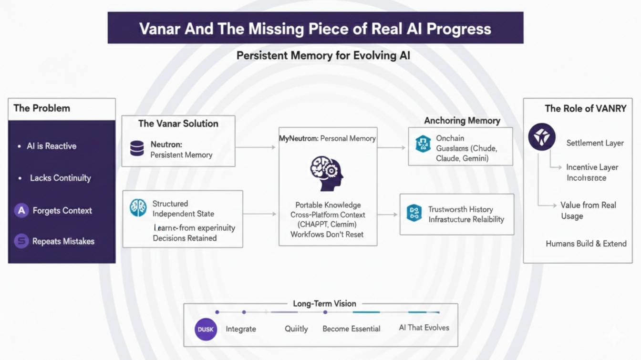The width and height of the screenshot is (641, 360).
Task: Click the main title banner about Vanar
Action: coord(315,28)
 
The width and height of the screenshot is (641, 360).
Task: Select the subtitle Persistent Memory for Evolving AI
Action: coord(323,55)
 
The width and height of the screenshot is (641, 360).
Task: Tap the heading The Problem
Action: coord(42,108)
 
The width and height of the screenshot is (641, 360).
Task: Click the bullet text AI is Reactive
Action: coord(52,146)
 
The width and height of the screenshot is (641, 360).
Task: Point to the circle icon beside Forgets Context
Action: coord(21,210)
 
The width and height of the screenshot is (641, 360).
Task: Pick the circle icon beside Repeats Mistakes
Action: coord(21,241)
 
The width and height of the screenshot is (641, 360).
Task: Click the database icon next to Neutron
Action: coord(137,149)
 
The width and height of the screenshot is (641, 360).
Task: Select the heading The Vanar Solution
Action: coord(178,123)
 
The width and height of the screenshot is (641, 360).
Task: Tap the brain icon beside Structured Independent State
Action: coord(138,208)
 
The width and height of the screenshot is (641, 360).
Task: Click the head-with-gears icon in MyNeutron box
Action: coord(327,173)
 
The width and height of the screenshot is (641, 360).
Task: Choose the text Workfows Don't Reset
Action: coord(327,235)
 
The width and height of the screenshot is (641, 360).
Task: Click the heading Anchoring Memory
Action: coord(462,121)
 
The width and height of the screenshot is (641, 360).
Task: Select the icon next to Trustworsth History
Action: coord(414,213)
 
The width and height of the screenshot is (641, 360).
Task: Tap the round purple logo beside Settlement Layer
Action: coord(542,137)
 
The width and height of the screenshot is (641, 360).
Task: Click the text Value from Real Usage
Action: coord(588,210)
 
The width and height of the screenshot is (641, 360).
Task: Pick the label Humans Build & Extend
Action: coord(586,244)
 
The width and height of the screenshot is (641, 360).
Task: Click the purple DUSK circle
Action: coord(206,329)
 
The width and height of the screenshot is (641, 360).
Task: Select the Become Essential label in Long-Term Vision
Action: coord(352,329)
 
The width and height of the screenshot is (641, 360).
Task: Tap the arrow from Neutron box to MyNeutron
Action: coord(256,147)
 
